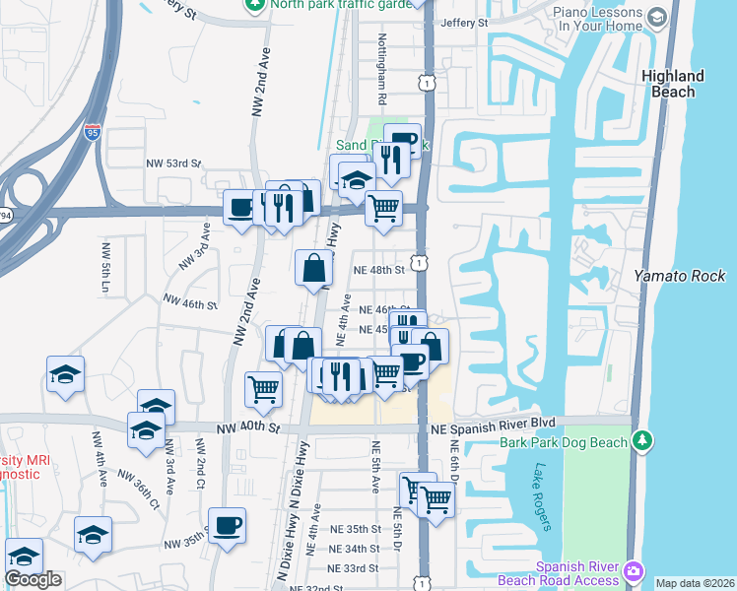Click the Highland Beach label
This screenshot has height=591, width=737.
pos(673,84)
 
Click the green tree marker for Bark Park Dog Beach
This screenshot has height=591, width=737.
pos(642,438)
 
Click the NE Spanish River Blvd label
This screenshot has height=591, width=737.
pos(493,423)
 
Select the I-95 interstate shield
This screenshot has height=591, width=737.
pos(93,132)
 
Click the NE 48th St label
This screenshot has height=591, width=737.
pos(379,269)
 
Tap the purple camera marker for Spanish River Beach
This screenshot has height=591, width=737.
pos(633,569)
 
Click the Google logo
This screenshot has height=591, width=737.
pos(33,579)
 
